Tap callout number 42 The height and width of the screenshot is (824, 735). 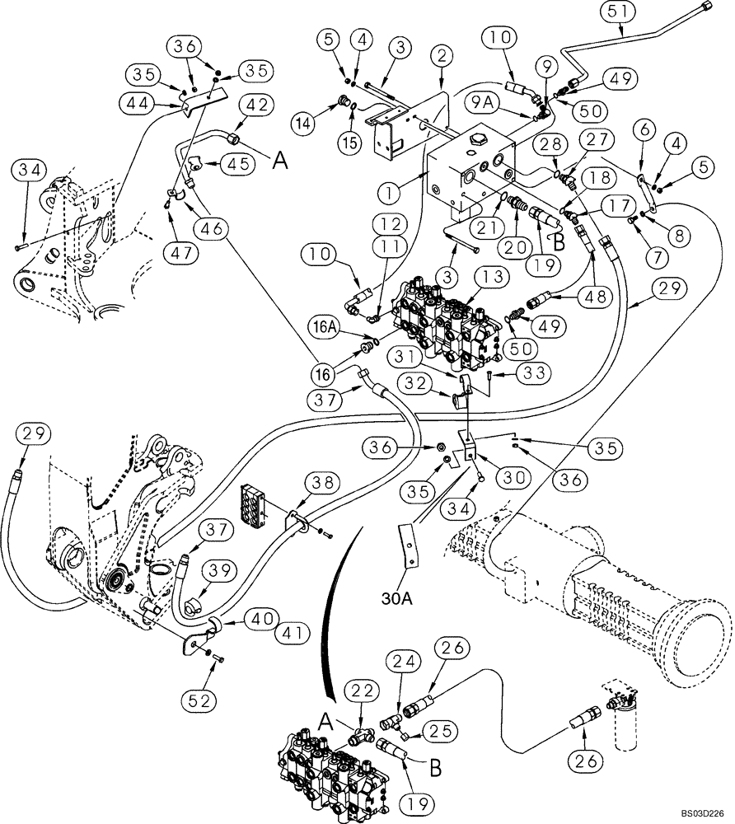[257, 105]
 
